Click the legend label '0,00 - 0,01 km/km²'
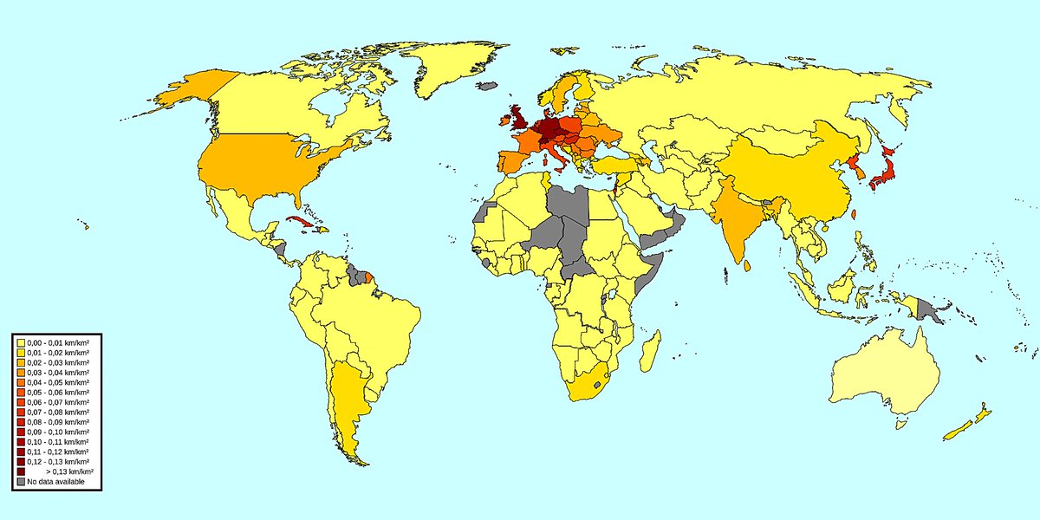pyautogui.click(x=58, y=343)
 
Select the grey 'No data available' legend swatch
pyautogui.click(x=20, y=481)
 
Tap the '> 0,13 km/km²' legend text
pyautogui.click(x=69, y=471)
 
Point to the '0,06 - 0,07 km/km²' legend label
pyautogui.click(x=58, y=402)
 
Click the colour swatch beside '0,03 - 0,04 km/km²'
pyautogui.click(x=20, y=373)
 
